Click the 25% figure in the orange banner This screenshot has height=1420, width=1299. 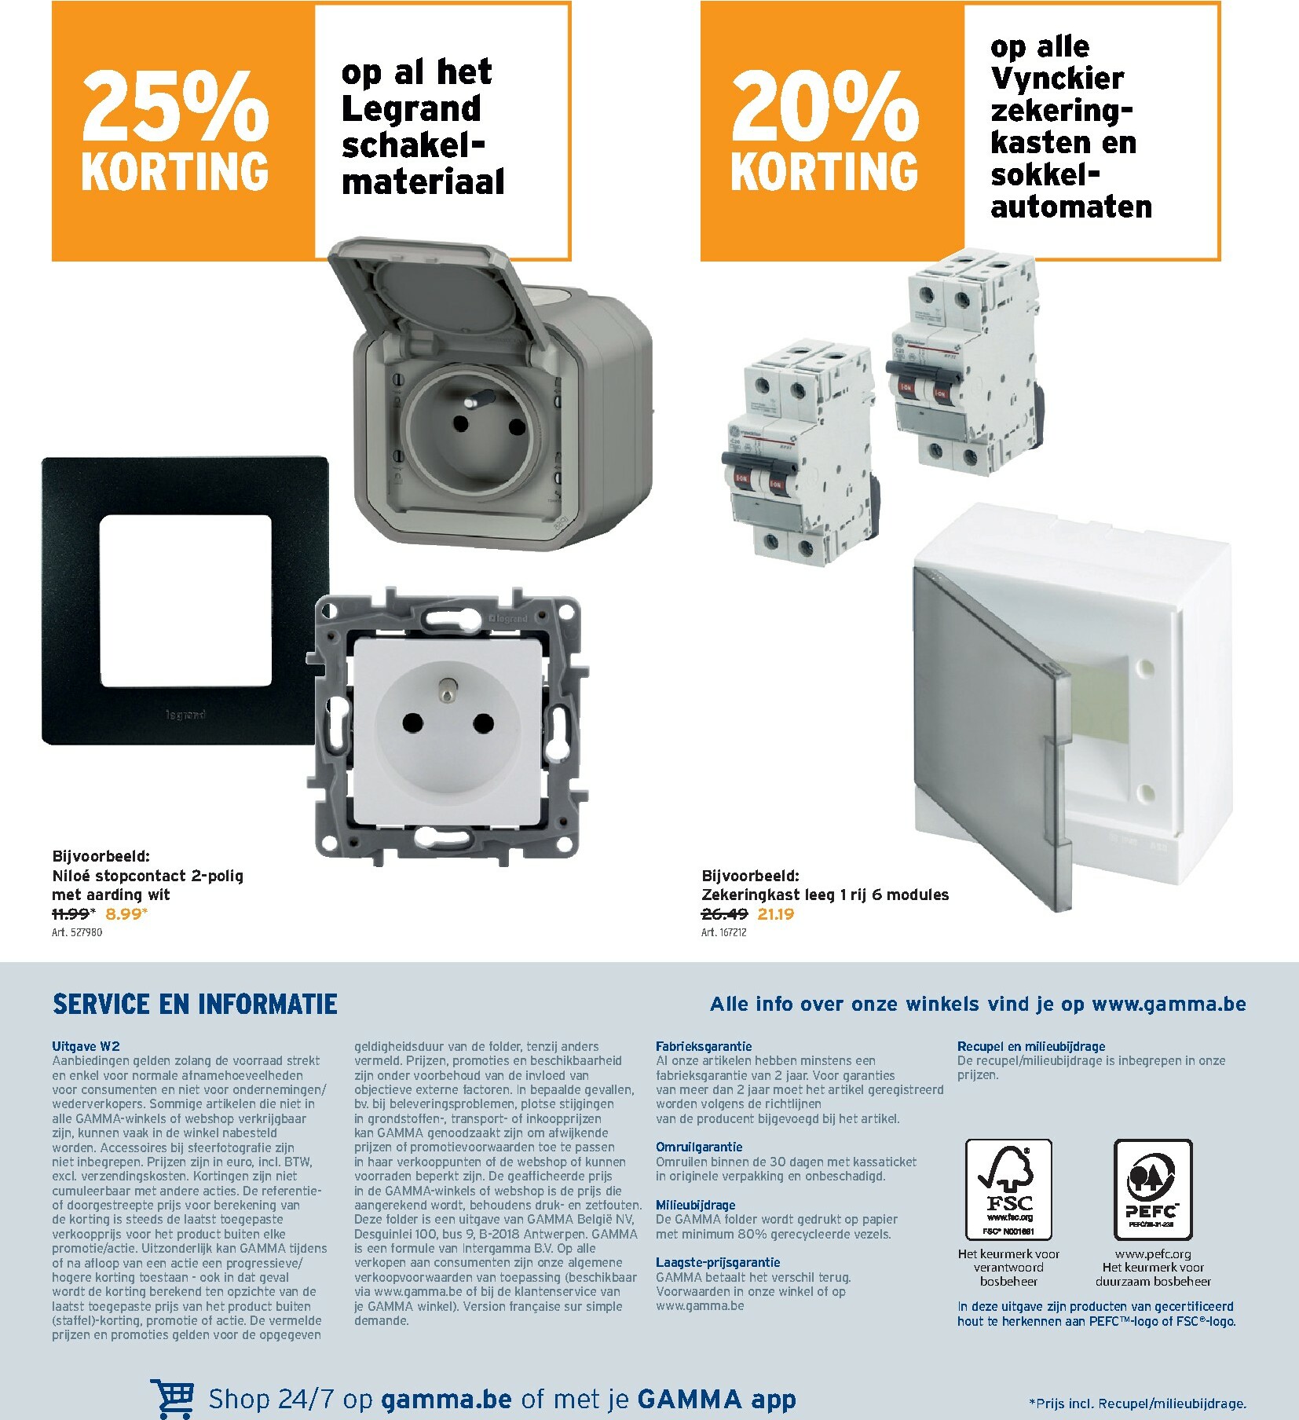(x=174, y=105)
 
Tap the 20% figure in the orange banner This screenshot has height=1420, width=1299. (x=824, y=105)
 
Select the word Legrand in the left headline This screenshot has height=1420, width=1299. (x=411, y=109)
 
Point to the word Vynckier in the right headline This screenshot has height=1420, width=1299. (x=1057, y=79)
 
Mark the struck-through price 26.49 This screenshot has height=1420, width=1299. (x=724, y=913)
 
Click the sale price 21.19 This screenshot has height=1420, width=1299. (x=775, y=913)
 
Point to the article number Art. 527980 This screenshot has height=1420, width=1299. (x=77, y=932)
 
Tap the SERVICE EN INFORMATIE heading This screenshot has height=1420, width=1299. (x=195, y=1005)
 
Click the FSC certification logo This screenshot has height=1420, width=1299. (x=1008, y=1189)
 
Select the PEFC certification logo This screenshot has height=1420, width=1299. (x=1153, y=1189)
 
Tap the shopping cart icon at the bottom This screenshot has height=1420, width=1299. (x=174, y=1399)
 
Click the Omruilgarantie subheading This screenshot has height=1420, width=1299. (x=699, y=1147)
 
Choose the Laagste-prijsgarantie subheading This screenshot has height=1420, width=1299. (x=718, y=1262)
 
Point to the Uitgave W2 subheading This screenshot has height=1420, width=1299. (x=86, y=1046)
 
